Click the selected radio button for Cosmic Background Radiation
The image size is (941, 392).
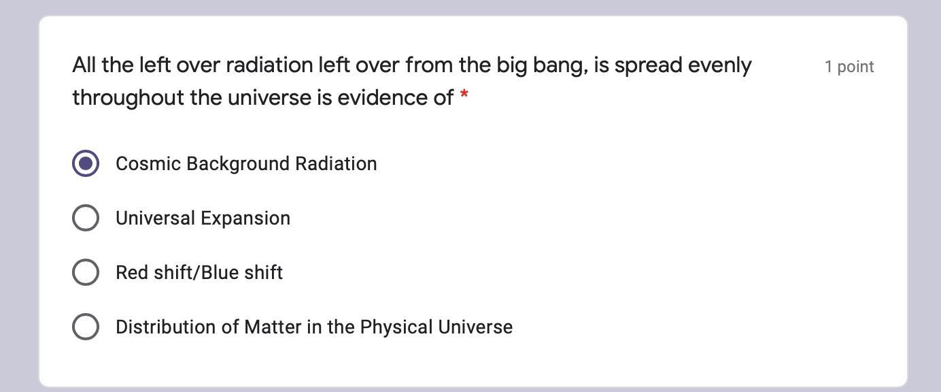click(86, 163)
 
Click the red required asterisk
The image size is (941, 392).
click(464, 94)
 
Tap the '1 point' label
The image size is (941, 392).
click(849, 67)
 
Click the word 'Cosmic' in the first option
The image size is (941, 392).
click(148, 163)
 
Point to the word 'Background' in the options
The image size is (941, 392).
click(238, 164)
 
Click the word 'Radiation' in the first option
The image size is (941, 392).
click(336, 163)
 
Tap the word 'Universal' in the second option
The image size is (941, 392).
click(156, 218)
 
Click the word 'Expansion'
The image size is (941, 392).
click(245, 218)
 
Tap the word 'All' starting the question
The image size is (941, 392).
click(84, 65)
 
